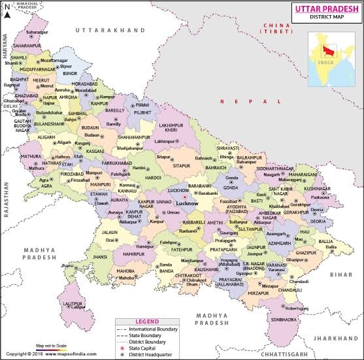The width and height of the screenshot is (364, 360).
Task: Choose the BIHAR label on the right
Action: coord(340,275)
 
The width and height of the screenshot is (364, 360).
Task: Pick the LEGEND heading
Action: coord(147,321)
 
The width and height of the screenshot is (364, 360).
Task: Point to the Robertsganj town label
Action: coord(295,308)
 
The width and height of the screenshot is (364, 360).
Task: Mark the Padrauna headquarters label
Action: coord(319,196)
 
